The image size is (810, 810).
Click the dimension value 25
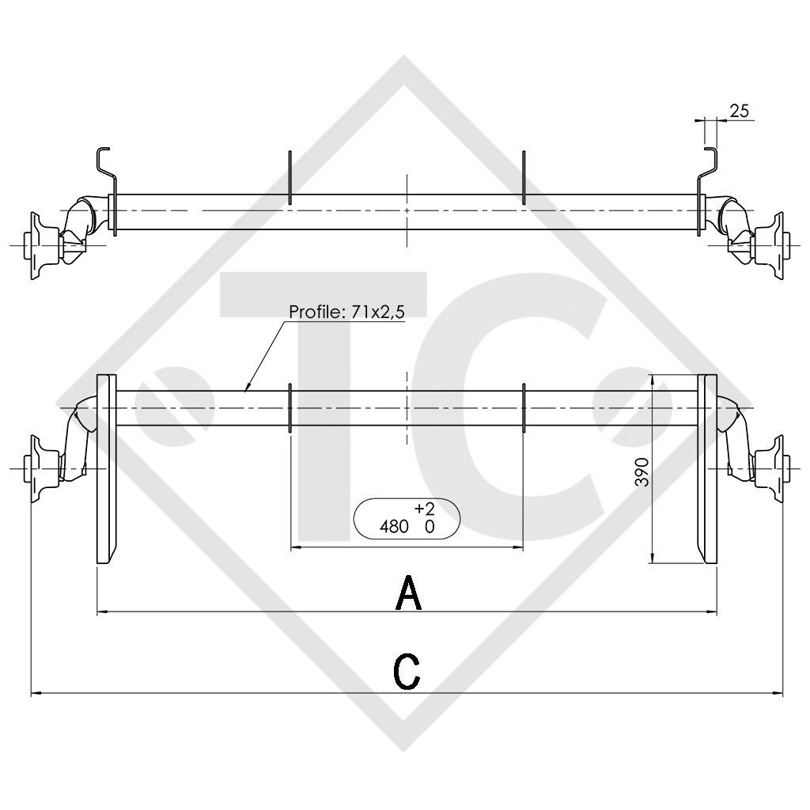point(739,112)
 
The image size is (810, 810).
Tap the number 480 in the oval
point(395,526)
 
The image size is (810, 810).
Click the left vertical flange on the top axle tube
point(290,177)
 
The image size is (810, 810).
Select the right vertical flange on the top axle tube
point(523,177)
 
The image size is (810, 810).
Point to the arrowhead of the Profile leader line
point(247,390)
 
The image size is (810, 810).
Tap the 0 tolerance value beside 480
point(430,526)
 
